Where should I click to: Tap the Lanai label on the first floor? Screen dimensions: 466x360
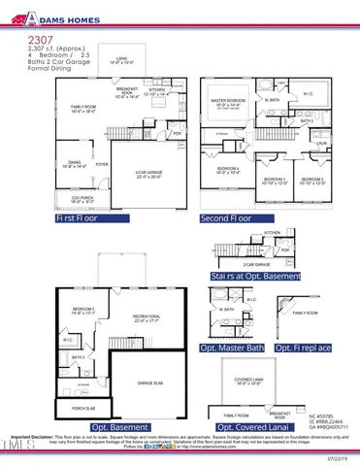point(121,61)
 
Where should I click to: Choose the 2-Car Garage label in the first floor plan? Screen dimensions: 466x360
point(148,174)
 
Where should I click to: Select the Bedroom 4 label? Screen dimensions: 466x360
point(228,171)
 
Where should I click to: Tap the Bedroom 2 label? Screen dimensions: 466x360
point(311,180)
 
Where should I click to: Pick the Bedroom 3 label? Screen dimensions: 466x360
point(275,180)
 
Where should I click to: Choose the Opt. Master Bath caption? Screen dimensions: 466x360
point(232,348)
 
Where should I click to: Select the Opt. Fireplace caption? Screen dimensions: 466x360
point(306,348)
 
